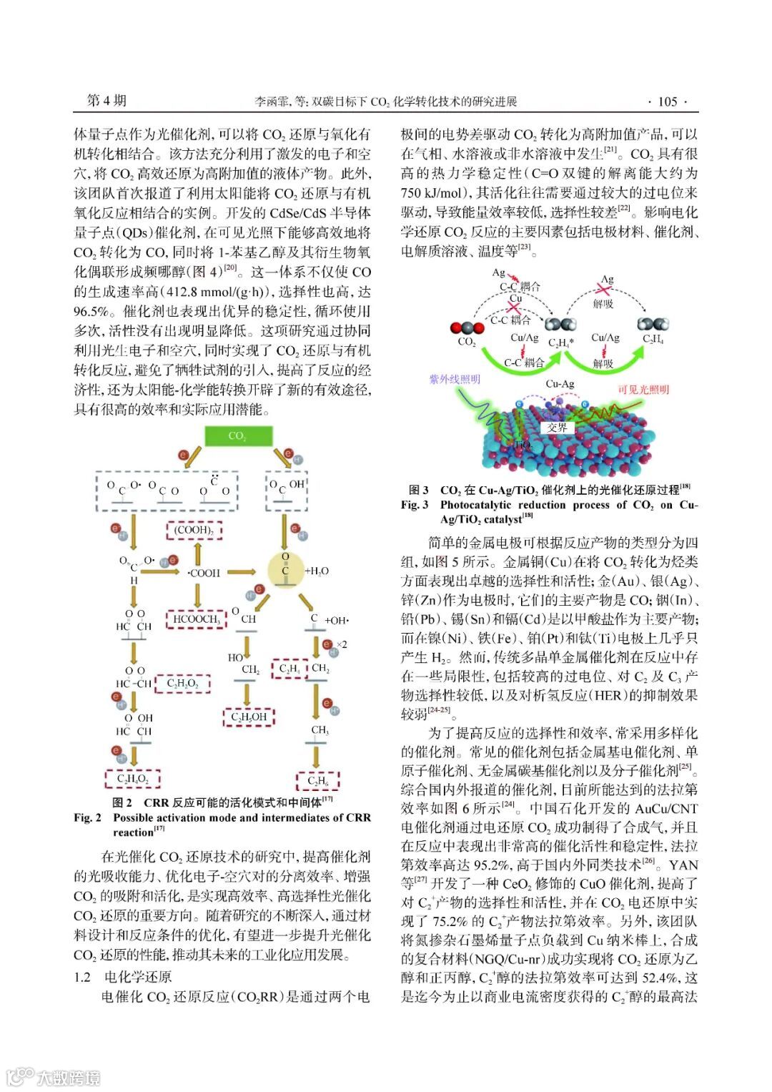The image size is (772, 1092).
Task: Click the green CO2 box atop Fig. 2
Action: [x=238, y=436]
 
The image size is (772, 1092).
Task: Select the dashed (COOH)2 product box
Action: [x=194, y=531]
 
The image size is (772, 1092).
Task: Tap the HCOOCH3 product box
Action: [x=196, y=619]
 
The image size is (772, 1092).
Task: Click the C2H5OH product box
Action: [x=248, y=717]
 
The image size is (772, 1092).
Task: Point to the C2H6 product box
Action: [x=318, y=781]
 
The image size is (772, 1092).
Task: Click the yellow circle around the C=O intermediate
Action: [x=285, y=570]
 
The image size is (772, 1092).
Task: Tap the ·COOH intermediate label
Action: [x=204, y=573]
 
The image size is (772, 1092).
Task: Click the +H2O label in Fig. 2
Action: [x=317, y=571]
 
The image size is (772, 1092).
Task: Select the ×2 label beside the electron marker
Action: [x=342, y=644]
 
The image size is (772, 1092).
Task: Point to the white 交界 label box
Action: [x=557, y=428]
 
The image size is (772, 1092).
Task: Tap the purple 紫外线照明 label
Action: [x=454, y=379]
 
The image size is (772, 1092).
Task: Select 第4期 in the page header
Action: [x=107, y=100]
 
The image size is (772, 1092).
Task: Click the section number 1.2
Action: [x=82, y=977]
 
